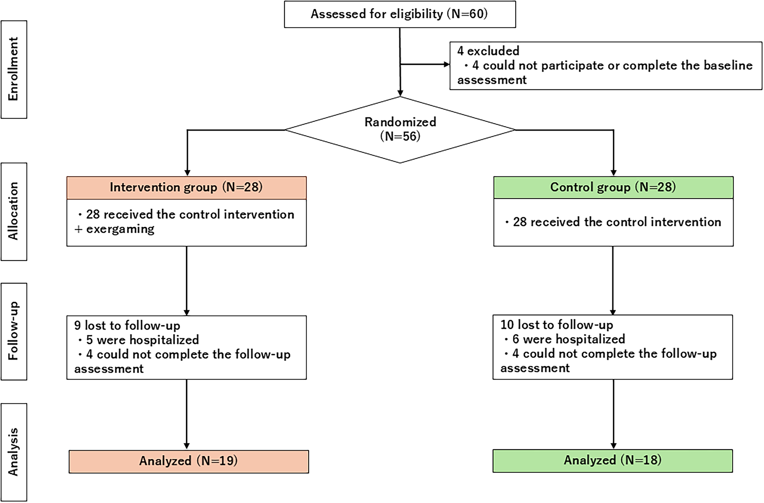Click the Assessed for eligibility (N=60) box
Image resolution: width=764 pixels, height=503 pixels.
pos(400,14)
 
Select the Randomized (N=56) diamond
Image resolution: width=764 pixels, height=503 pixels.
pos(400,130)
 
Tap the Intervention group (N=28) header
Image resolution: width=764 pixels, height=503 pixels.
pos(186,187)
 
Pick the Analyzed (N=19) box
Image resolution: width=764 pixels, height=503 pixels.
pos(189,461)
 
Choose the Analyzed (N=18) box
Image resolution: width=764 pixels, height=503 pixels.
pos(613,461)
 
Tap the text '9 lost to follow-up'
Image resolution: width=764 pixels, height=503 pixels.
pos(127,325)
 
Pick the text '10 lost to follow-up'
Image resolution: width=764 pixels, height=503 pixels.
pos(557,325)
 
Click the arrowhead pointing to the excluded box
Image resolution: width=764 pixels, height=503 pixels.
pos(446,64)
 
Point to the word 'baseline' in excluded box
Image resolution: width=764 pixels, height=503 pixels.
pos(728,65)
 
